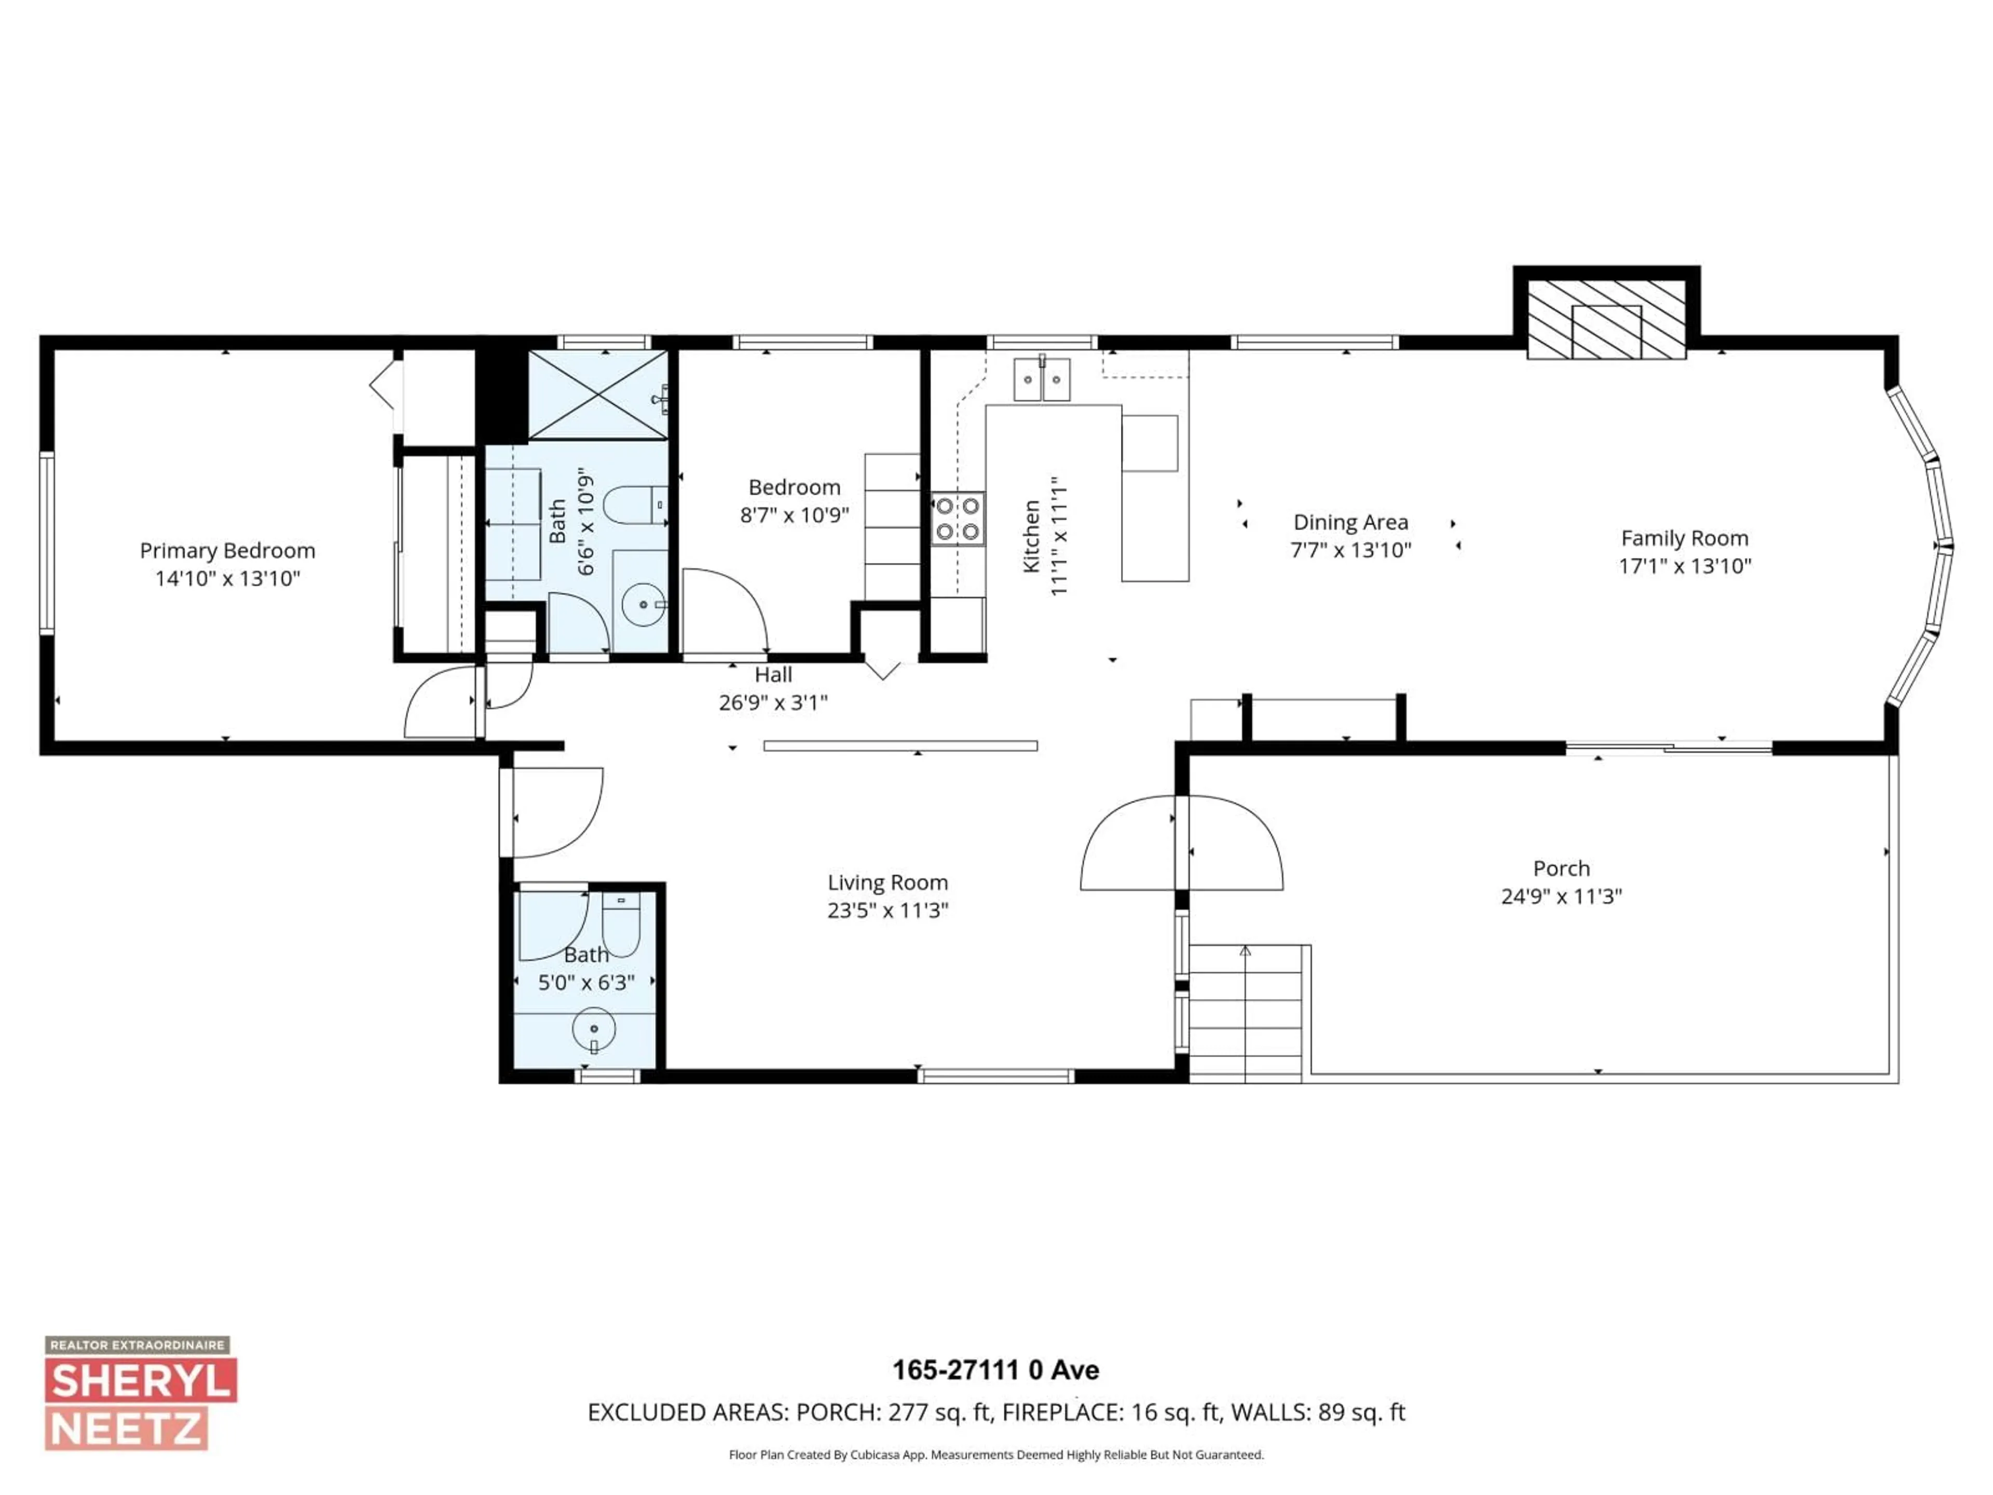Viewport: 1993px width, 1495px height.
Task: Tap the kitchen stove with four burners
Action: [x=957, y=519]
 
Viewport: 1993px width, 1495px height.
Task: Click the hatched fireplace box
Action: [x=1606, y=319]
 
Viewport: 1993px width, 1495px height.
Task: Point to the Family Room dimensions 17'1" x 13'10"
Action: [x=1684, y=566]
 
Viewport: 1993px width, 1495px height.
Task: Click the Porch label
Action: [x=1561, y=868]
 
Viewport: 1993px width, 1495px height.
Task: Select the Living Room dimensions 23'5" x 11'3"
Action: [x=888, y=910]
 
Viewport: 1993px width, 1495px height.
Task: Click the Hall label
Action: [x=773, y=675]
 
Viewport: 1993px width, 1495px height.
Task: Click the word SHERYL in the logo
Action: [x=142, y=1381]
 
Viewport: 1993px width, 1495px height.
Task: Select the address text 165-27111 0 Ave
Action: [x=995, y=1370]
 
